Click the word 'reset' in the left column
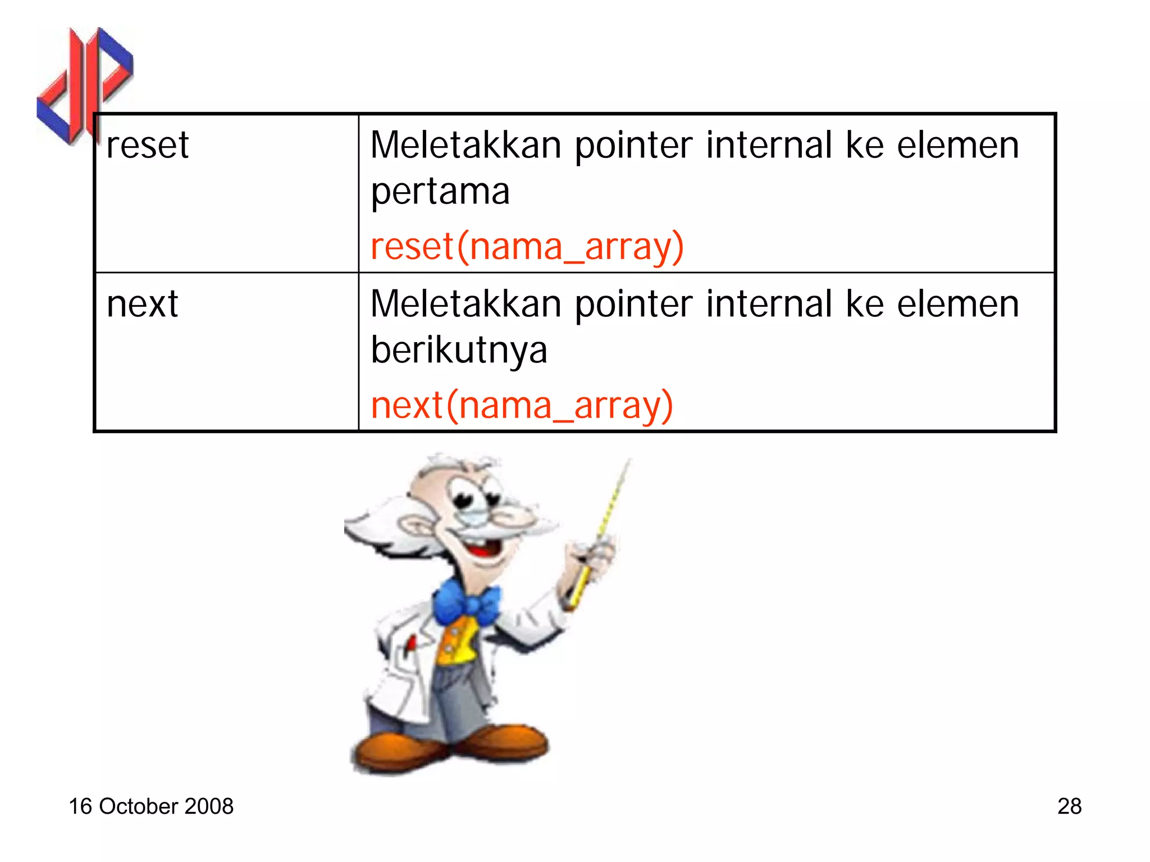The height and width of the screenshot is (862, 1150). (147, 146)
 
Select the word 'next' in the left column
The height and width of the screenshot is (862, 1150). (142, 305)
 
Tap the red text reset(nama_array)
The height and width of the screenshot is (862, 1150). (527, 247)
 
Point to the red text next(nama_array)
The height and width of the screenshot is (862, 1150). (522, 406)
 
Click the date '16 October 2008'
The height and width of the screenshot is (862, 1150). (150, 806)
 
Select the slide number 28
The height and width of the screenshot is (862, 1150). (1069, 806)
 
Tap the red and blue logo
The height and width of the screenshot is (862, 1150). (84, 84)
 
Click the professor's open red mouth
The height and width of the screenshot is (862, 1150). (484, 548)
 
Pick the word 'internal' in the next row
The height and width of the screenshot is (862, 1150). (769, 305)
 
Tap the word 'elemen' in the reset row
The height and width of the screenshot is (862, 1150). (957, 146)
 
